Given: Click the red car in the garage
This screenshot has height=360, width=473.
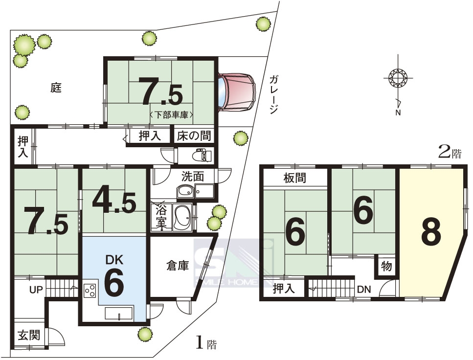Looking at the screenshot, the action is (237, 91).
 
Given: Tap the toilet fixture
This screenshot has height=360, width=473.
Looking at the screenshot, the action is (202, 156).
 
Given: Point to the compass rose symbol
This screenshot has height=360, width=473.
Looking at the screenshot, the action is (398, 78).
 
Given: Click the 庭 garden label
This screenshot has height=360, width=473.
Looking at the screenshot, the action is (56, 88).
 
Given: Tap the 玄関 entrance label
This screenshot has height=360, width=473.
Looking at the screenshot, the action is (29, 335).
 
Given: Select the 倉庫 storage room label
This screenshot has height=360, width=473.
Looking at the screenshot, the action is (178, 266).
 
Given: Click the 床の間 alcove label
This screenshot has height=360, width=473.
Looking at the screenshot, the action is (194, 136).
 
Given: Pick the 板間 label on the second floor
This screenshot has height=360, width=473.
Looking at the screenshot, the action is (295, 178).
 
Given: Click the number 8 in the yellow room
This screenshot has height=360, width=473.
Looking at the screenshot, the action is (431, 232).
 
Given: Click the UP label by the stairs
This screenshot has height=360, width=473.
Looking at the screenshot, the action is (36, 290).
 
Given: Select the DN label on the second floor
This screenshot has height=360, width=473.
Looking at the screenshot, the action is (364, 290).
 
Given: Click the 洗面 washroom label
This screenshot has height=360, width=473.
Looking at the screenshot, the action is (193, 176).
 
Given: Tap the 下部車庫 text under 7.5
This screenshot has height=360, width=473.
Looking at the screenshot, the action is (171, 115).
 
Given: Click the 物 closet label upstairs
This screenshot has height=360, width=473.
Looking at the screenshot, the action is (386, 267).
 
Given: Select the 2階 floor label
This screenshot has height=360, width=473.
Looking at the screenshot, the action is (450, 153).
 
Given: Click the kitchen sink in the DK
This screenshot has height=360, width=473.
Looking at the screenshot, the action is (119, 313).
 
